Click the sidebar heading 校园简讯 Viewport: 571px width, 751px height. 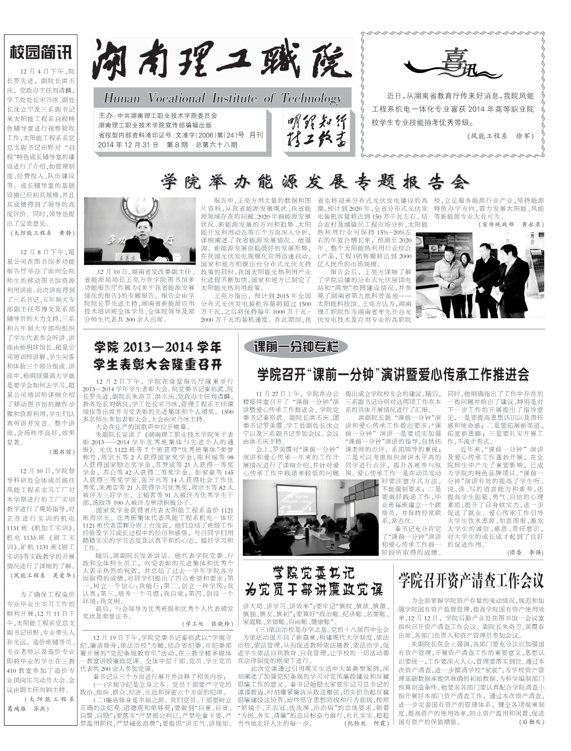(x=40, y=52)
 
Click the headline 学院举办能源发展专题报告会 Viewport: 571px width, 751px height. (x=314, y=181)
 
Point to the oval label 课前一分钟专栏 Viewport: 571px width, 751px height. (x=296, y=347)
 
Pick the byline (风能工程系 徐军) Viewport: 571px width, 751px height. (x=500, y=136)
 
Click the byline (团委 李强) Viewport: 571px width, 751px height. (x=525, y=552)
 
